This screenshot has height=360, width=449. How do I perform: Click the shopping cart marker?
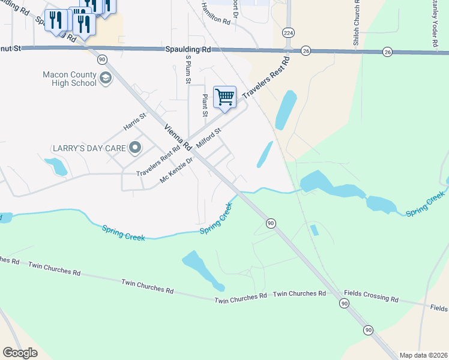[224, 97]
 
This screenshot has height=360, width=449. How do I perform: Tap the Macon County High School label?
[70, 79]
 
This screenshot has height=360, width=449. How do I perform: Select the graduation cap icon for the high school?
[106, 78]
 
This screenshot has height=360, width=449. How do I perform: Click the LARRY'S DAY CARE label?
[89, 148]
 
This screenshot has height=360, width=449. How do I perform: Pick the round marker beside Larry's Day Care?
[135, 147]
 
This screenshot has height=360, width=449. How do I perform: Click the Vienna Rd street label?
[178, 137]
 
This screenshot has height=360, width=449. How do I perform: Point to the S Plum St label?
[188, 68]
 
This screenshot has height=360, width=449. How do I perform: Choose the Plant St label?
[205, 104]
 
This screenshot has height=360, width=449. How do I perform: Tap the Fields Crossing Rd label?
[371, 297]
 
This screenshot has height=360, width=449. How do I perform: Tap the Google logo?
[20, 353]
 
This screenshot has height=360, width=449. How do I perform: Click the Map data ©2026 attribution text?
[423, 355]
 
